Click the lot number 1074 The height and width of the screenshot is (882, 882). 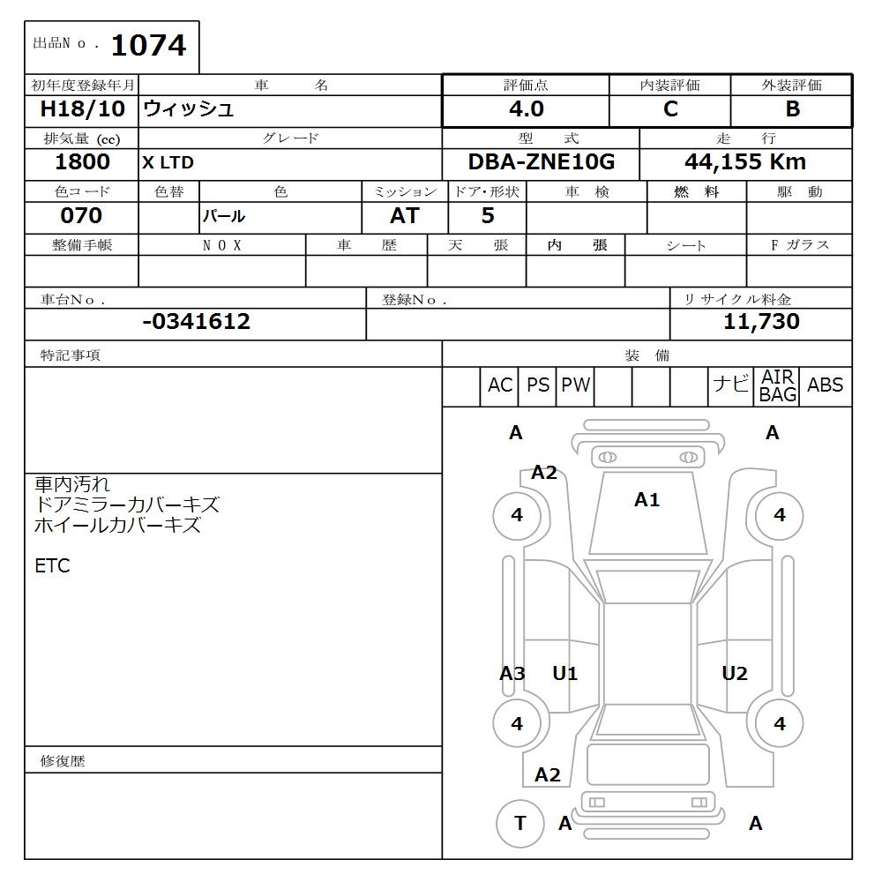click(148, 45)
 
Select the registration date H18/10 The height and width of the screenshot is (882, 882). click(83, 109)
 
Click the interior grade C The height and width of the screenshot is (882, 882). click(670, 109)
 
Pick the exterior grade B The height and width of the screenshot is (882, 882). click(792, 109)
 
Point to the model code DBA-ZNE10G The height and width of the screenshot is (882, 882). click(541, 162)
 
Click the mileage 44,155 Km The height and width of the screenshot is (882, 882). click(745, 162)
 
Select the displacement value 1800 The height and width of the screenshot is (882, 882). click(83, 162)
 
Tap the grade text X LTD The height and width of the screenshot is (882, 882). click(168, 163)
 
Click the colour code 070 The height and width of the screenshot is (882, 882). click(81, 216)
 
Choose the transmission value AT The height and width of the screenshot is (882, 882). click(404, 216)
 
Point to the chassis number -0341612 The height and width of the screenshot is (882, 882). click(196, 322)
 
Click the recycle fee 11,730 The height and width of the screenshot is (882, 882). click(761, 322)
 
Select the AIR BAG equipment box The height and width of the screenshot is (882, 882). click(778, 386)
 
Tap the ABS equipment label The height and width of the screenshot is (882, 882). click(825, 385)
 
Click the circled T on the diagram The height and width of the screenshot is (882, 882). click(519, 824)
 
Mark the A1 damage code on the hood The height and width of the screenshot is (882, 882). click(647, 500)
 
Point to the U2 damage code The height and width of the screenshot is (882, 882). click(734, 674)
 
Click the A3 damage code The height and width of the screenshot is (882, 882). click(512, 674)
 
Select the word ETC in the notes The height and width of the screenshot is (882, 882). click(52, 566)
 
